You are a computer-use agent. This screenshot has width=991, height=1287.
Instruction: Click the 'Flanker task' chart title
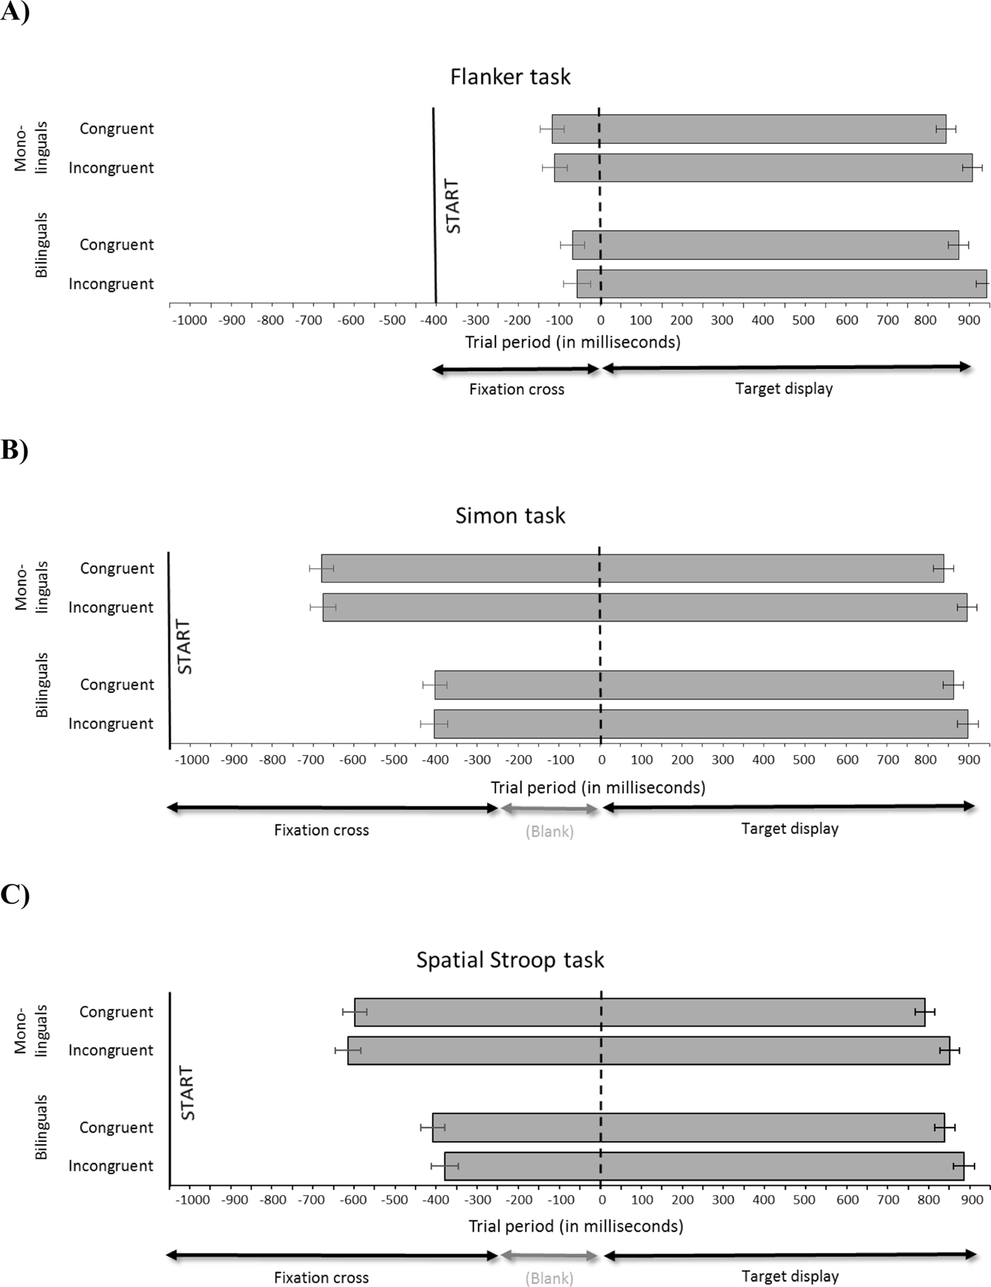pos(510,76)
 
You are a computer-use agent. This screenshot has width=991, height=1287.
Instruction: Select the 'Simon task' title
pos(510,515)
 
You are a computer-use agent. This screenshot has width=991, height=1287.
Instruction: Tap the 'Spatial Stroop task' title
pos(510,960)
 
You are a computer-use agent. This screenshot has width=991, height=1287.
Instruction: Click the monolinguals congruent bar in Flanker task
pos(749,129)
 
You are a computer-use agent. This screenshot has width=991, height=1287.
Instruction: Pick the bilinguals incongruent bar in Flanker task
pos(781,283)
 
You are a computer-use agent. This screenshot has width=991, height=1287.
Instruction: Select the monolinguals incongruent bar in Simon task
pos(645,607)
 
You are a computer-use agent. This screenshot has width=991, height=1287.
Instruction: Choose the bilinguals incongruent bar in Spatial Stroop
pos(704,1166)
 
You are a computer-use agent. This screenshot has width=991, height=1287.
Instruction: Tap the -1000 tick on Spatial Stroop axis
pos(193,1199)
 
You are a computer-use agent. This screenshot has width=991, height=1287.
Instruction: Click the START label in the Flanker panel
pos(453,206)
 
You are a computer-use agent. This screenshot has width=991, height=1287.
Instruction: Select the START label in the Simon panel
pos(184,646)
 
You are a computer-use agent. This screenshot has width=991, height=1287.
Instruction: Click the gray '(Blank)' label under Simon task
pos(549,832)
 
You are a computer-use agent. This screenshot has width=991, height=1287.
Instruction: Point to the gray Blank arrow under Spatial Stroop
pos(549,1256)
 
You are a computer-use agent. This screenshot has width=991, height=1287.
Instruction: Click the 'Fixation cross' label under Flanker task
pos(517,389)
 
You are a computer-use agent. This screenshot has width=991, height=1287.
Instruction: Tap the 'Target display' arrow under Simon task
pos(789,806)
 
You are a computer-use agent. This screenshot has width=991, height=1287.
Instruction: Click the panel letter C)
pos(14,895)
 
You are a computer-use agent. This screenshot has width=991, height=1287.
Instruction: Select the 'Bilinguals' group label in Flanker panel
pos(42,245)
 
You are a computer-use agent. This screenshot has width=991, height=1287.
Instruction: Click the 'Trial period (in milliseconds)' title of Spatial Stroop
pos(575,1225)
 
